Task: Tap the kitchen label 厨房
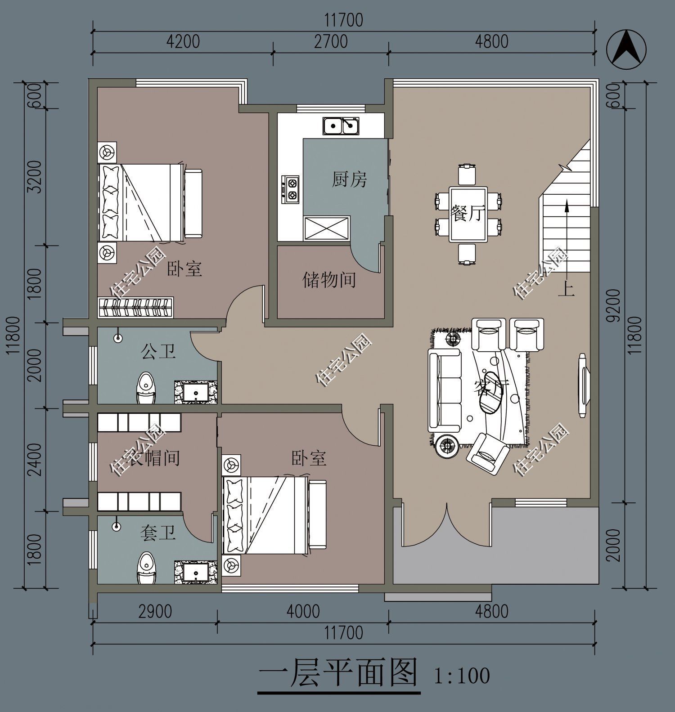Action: coord(349,179)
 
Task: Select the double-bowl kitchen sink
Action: coord(341,126)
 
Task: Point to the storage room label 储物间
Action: coord(329,280)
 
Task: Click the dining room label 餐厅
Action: coord(468,214)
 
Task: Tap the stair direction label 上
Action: coord(566,290)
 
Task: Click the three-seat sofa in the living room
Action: coord(445,390)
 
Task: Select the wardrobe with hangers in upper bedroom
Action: coord(136,308)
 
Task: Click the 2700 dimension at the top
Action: coord(331,41)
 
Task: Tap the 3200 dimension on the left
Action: coord(35,176)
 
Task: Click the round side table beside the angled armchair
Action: coord(447,445)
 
